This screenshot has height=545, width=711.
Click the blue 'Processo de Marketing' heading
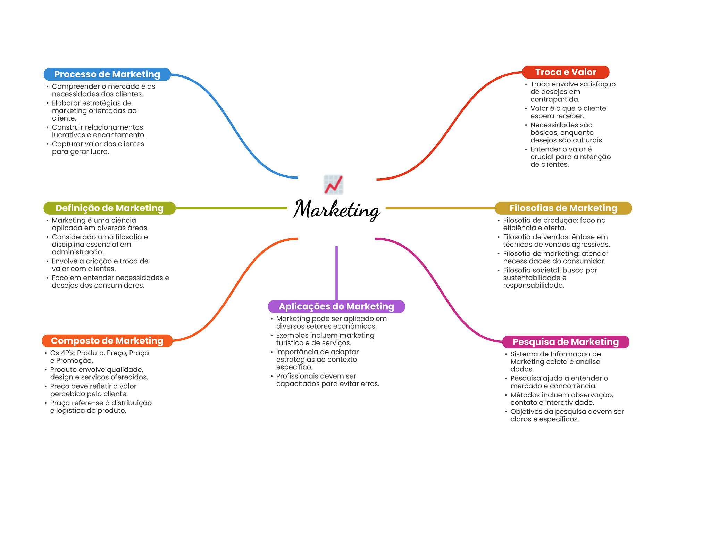click(107, 74)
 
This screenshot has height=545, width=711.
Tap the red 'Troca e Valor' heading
click(566, 72)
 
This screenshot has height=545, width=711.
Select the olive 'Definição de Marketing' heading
click(110, 208)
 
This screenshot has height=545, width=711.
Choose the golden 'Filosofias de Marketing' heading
click(563, 208)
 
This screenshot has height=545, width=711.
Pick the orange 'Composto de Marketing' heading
click(107, 341)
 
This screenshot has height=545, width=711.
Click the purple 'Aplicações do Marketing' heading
click(336, 306)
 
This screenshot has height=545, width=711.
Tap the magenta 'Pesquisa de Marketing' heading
click(566, 342)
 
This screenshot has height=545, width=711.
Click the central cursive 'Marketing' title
click(337, 210)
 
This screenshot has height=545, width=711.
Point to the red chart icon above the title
click(334, 184)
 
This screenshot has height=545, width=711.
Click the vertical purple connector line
click(336, 273)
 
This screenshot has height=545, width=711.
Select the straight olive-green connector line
click(232, 208)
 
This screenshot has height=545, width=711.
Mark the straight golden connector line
click(440, 208)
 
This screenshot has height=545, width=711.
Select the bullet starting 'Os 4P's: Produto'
click(97, 357)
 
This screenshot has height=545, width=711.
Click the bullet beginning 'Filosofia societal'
click(547, 278)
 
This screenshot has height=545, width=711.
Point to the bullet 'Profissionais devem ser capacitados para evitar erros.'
click(325, 380)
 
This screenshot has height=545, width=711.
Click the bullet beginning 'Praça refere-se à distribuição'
click(98, 407)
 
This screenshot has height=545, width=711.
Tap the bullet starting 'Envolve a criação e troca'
click(97, 265)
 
